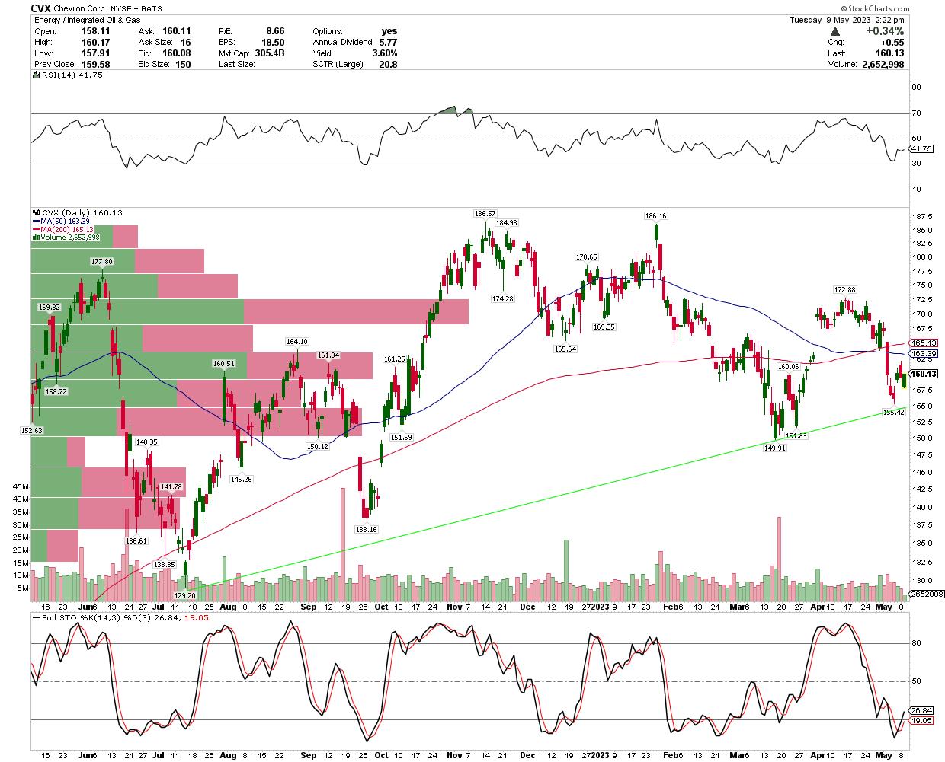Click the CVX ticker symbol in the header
point(41,8)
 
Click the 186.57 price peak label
point(485,214)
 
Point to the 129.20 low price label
point(185,595)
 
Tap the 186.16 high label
point(656,216)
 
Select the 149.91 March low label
point(774,448)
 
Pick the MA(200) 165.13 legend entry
point(62,229)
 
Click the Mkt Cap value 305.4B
point(270,53)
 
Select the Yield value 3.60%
point(385,53)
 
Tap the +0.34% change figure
point(887,31)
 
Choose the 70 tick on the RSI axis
point(916,113)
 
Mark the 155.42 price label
point(893,412)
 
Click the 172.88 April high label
point(845,290)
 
